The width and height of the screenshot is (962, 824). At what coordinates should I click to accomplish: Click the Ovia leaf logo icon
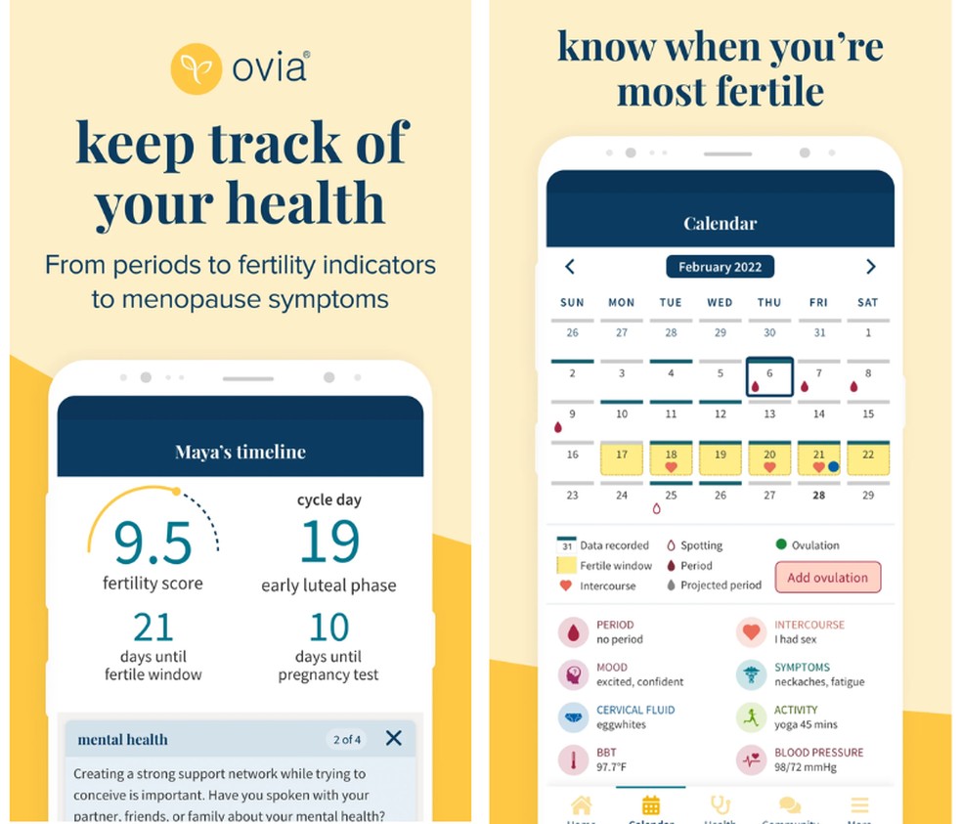[195, 68]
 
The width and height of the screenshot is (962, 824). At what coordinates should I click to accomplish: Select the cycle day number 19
[328, 542]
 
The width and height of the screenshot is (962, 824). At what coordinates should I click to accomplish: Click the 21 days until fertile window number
[153, 627]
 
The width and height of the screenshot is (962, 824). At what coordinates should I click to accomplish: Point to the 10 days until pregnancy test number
[328, 627]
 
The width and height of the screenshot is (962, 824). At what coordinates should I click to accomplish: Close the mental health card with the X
[393, 738]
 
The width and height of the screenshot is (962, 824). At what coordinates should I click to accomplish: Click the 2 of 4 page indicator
[347, 739]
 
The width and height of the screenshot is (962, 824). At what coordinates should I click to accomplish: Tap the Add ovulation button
[827, 577]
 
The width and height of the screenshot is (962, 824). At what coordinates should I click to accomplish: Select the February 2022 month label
[720, 267]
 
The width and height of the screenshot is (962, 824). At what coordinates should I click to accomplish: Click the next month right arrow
[870, 267]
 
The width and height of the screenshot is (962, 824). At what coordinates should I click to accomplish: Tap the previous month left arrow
[570, 267]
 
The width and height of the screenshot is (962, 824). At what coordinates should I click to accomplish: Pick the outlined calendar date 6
[768, 376]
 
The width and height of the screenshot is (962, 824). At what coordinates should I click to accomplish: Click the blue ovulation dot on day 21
[833, 467]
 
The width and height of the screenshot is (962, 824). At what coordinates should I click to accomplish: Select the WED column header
[720, 303]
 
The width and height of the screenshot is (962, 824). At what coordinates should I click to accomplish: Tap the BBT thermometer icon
[572, 760]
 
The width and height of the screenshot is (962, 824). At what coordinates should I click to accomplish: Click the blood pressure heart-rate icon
[750, 760]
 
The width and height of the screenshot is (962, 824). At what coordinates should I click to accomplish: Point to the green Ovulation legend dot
[780, 544]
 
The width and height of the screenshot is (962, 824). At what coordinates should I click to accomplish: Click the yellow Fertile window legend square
[565, 565]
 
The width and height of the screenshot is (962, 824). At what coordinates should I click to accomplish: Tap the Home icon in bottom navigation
[581, 806]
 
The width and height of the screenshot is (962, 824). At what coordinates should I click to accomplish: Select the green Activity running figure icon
[750, 717]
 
